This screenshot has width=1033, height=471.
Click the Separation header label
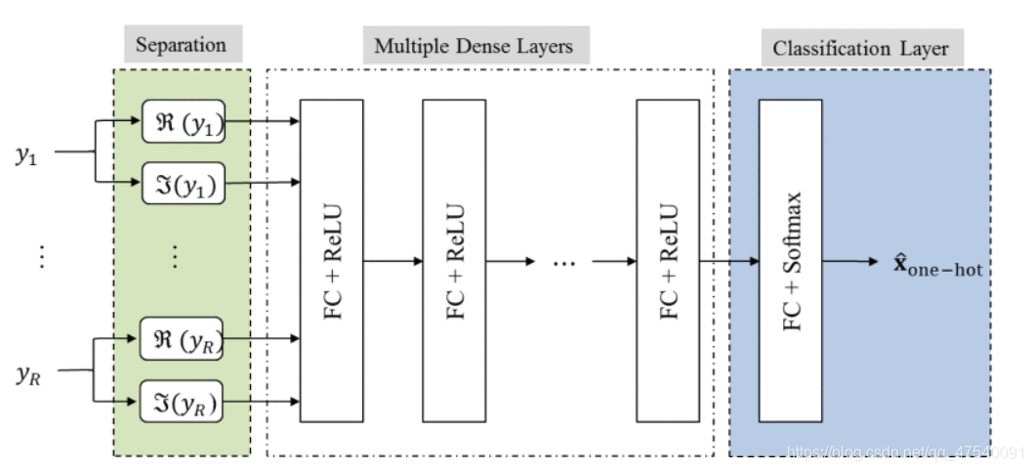click(x=181, y=45)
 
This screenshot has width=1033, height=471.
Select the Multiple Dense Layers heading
click(x=474, y=46)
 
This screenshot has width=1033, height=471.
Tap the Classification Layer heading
click(x=860, y=48)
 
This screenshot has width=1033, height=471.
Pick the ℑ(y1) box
click(x=183, y=183)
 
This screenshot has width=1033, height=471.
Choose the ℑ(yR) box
click(x=183, y=401)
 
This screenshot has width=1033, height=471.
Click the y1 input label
click(x=26, y=153)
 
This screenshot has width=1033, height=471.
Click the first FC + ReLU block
click(x=331, y=261)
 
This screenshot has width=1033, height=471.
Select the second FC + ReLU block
click(x=454, y=261)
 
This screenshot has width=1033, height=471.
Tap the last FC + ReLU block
click(x=668, y=261)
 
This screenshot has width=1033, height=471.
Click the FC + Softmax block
click(x=791, y=261)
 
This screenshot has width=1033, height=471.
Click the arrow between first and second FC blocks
click(x=393, y=261)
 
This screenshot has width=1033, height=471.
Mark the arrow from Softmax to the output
click(x=853, y=262)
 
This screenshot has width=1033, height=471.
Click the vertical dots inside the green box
click(x=176, y=257)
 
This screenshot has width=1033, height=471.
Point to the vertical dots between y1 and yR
click(x=41, y=257)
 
